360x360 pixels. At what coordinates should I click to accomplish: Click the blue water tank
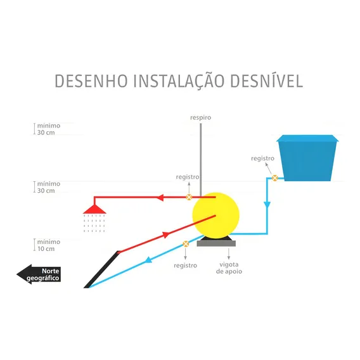[x=307, y=158]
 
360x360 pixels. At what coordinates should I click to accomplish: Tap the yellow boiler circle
[x=216, y=215]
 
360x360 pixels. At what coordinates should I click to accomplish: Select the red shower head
[x=94, y=209]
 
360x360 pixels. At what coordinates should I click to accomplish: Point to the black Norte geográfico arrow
[x=39, y=274]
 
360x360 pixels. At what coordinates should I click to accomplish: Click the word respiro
[x=200, y=117]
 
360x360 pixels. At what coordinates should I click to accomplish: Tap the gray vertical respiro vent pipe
[x=201, y=160]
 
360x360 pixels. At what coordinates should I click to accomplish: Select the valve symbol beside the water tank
[x=274, y=178]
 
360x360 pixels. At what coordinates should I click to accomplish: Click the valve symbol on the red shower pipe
[x=189, y=197]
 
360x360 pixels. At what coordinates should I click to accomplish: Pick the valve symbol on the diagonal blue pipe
[x=186, y=244]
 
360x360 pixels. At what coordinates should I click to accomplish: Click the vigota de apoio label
[x=229, y=268]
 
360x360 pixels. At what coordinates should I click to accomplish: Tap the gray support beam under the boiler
[x=216, y=243]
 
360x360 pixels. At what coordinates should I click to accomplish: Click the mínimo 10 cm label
[x=49, y=245]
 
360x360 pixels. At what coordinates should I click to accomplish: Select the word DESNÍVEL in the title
[x=266, y=81]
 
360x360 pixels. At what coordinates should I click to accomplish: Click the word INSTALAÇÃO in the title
[x=179, y=82]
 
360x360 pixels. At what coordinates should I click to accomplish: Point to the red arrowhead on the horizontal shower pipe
[x=160, y=198]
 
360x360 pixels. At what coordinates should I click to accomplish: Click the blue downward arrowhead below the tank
[x=267, y=205]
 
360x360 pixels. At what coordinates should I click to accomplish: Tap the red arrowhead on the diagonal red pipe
[x=166, y=235]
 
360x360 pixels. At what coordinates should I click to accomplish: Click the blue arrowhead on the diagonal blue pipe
[x=148, y=260]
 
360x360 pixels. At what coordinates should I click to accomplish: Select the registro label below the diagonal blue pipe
[x=185, y=266]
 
